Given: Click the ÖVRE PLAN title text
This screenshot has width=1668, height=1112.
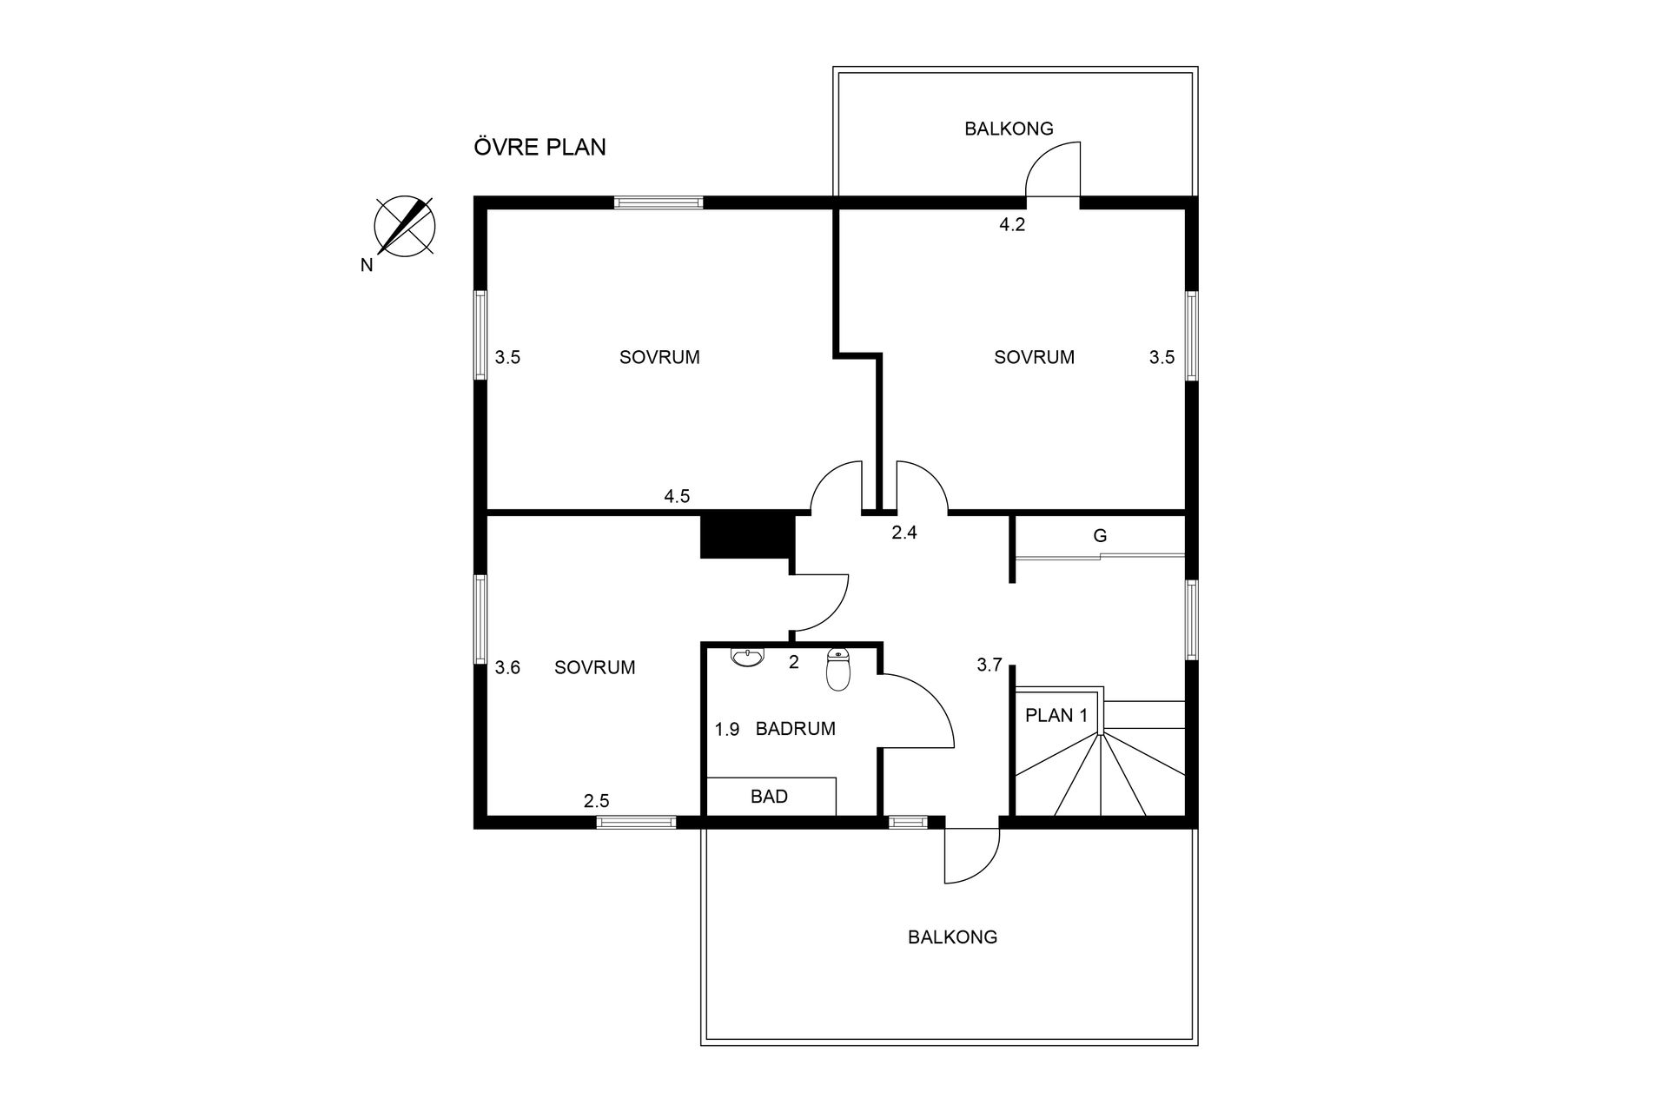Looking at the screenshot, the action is coord(539,147).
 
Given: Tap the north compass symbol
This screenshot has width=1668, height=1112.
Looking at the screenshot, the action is coord(405,228).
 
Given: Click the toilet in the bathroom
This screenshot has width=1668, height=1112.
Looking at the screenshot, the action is coord(837,669).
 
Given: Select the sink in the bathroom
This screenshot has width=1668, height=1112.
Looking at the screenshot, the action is coord(747,658).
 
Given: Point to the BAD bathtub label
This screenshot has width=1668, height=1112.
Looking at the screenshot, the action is coord(769,796).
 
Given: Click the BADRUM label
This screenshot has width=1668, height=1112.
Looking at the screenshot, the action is coord(796,729).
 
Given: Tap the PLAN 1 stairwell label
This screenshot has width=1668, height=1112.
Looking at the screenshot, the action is coord(1056,715).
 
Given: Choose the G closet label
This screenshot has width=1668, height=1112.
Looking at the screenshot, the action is coord(1100,536).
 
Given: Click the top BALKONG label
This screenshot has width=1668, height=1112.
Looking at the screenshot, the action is coord(1009,129).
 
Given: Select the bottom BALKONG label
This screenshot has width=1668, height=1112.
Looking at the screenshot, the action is coord(952,937).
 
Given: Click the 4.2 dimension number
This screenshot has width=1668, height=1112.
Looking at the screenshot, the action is coord(1012,224).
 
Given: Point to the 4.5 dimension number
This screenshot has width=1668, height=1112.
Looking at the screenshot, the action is coord(677,496).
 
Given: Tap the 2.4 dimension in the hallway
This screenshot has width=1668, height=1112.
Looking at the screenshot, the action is coord(904,533).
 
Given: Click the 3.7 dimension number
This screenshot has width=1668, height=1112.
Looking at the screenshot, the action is coord(990,665).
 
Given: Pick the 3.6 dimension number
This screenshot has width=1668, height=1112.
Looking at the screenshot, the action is coord(507,667).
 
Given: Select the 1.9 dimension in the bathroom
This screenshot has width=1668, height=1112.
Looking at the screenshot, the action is coord(727,730).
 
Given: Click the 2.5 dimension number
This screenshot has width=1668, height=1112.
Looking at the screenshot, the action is coord(596,801).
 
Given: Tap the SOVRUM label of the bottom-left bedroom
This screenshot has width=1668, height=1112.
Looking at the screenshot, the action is coord(595,667).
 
